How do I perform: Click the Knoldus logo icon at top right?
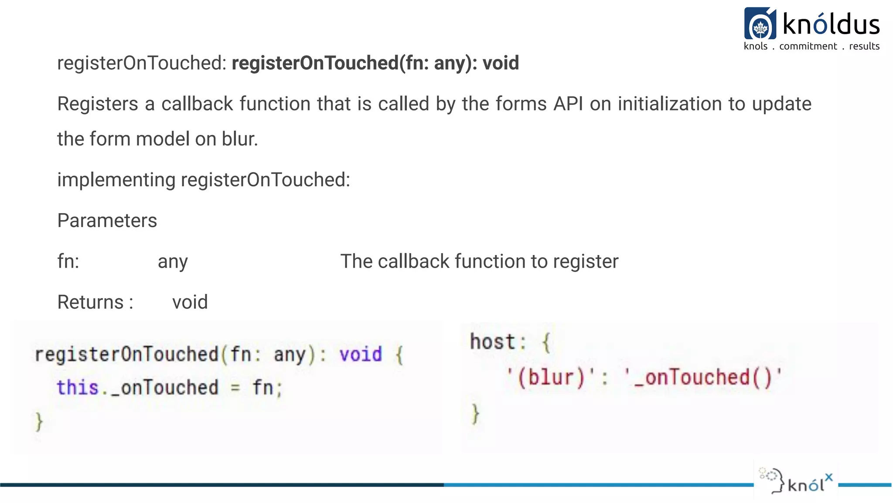click(760, 24)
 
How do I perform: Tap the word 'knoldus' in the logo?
click(831, 24)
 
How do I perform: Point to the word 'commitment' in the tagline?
click(808, 46)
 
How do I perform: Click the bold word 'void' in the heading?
click(501, 63)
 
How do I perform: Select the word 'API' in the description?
click(568, 104)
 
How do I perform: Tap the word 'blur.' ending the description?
click(240, 139)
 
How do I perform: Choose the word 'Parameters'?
click(107, 220)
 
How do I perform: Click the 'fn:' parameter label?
click(68, 262)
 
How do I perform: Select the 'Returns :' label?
click(95, 302)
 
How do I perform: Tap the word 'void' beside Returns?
click(190, 302)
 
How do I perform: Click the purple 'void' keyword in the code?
click(361, 354)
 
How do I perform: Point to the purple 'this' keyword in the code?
click(78, 388)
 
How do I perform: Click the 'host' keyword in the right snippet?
click(493, 342)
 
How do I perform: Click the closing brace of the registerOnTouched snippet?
click(39, 421)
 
